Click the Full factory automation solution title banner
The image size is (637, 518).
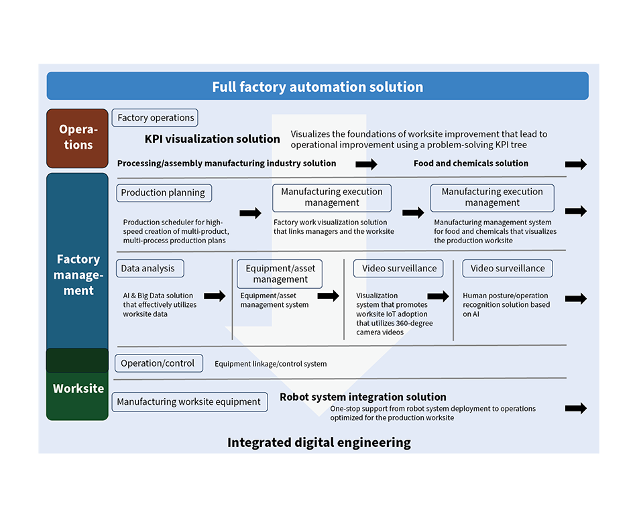(318, 86)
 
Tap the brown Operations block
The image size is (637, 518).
(77, 139)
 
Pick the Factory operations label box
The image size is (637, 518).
(155, 118)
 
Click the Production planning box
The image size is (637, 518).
(164, 193)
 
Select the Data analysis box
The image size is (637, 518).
(150, 268)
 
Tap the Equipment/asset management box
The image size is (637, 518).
(280, 274)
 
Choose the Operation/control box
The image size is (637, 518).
(159, 363)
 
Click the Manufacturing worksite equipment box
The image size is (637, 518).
(190, 402)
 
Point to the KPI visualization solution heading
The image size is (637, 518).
(212, 139)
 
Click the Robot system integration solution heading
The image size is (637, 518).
(363, 397)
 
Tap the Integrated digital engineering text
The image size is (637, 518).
(319, 442)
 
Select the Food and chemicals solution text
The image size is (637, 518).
(471, 164)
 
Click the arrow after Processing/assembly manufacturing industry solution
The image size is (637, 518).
(366, 164)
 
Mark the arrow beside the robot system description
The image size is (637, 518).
(576, 408)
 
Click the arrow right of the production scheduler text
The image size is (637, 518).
(250, 212)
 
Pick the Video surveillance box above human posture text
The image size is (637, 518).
(508, 268)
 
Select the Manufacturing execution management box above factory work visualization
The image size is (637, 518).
(332, 198)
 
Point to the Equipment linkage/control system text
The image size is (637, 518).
(271, 364)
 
